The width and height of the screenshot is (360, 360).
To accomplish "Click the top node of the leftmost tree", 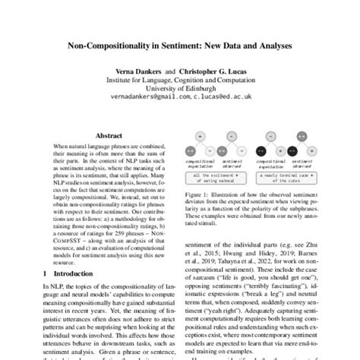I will tap(201, 136).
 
